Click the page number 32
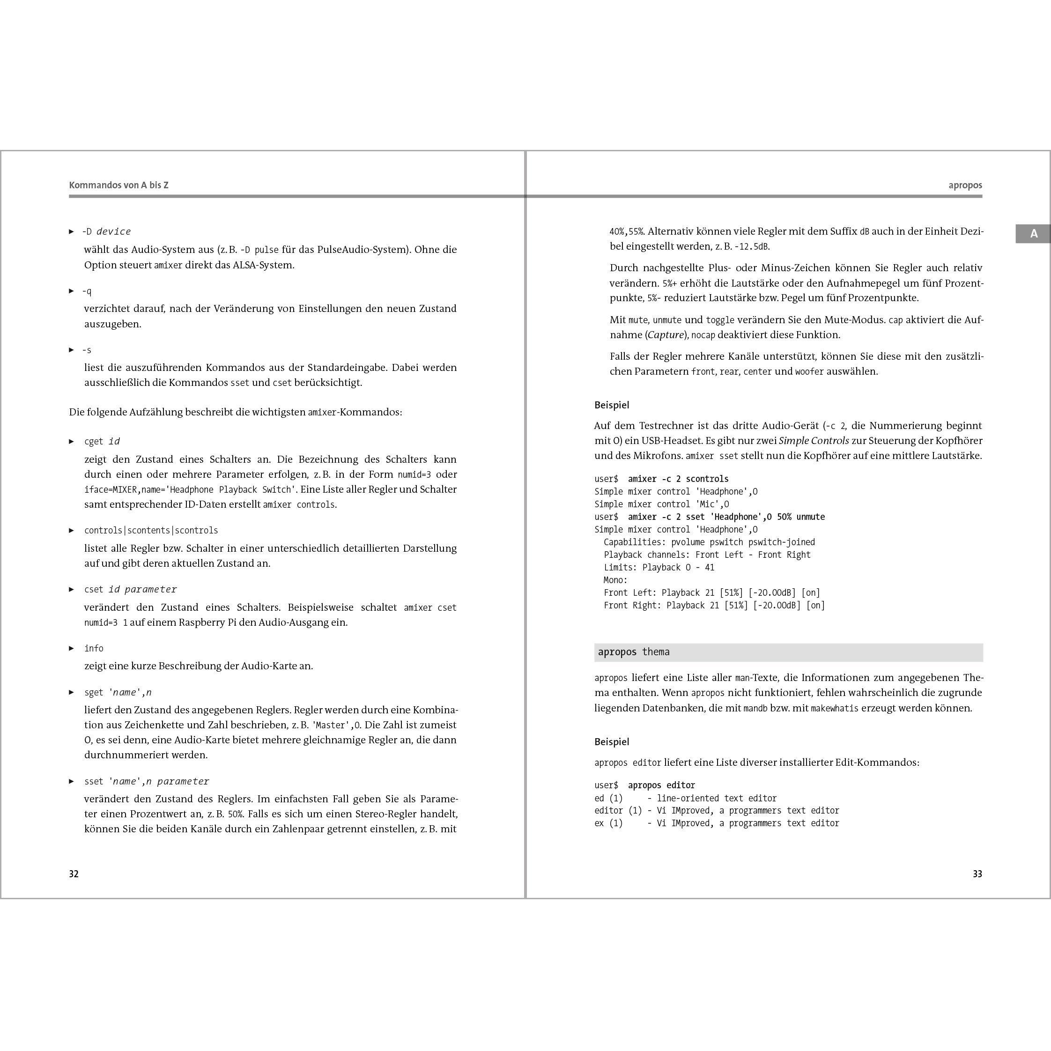[74, 873]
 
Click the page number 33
[977, 873]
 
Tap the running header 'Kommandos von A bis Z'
[118, 185]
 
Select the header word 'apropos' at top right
[965, 185]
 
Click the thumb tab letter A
[1033, 234]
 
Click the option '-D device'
[107, 232]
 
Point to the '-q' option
[87, 291]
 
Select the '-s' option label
[87, 350]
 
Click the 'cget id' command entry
[102, 441]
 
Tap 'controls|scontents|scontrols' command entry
[151, 530]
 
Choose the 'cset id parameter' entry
[131, 589]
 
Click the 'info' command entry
[94, 648]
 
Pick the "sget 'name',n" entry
[118, 693]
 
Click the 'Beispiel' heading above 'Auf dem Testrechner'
[612, 405]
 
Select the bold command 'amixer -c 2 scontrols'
[678, 479]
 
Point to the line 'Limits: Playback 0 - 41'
[659, 567]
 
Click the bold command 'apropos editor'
[661, 785]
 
